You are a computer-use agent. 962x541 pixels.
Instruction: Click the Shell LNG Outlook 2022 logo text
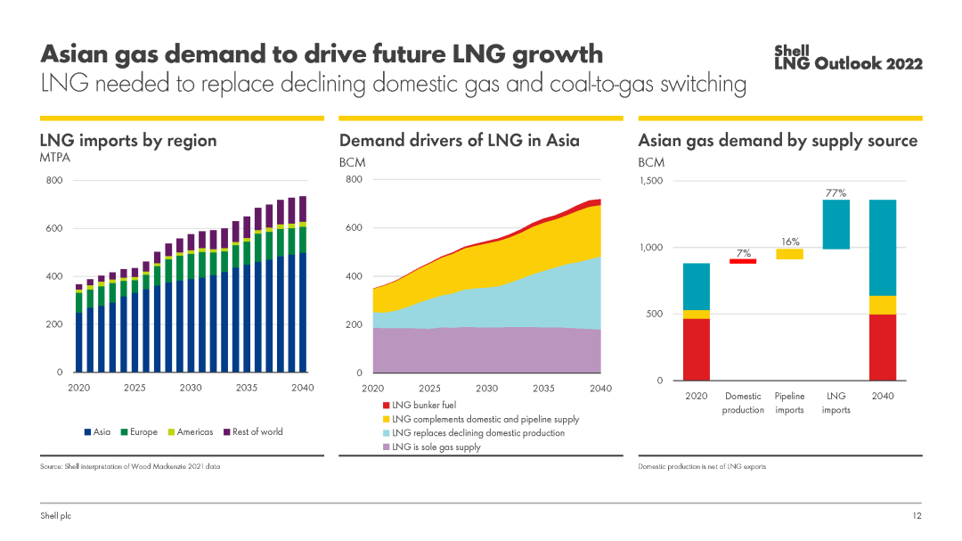pyautogui.click(x=848, y=58)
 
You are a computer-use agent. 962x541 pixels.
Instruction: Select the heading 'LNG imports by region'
pyautogui.click(x=128, y=141)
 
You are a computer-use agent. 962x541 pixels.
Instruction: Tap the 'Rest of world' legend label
pyautogui.click(x=257, y=432)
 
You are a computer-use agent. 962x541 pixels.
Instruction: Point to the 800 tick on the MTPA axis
pyautogui.click(x=54, y=181)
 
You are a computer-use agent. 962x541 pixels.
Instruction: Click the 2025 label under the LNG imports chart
pyautogui.click(x=135, y=389)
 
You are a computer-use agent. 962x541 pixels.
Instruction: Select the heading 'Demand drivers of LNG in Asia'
pyautogui.click(x=460, y=141)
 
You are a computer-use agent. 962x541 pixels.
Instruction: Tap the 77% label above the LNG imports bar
pyautogui.click(x=836, y=193)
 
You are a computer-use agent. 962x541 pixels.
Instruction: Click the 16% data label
pyautogui.click(x=789, y=242)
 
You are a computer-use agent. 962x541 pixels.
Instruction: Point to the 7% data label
pyautogui.click(x=743, y=253)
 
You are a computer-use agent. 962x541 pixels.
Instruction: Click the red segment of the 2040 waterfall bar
pyautogui.click(x=883, y=348)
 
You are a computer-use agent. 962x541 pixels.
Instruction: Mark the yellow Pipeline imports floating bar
pyautogui.click(x=789, y=254)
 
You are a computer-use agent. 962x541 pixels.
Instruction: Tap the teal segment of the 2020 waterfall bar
pyautogui.click(x=697, y=286)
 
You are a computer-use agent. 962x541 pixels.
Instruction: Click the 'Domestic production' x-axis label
pyautogui.click(x=743, y=403)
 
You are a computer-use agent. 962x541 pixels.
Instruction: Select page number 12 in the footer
pyautogui.click(x=917, y=517)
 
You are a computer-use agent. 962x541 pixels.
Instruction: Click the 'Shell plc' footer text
pyautogui.click(x=55, y=517)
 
